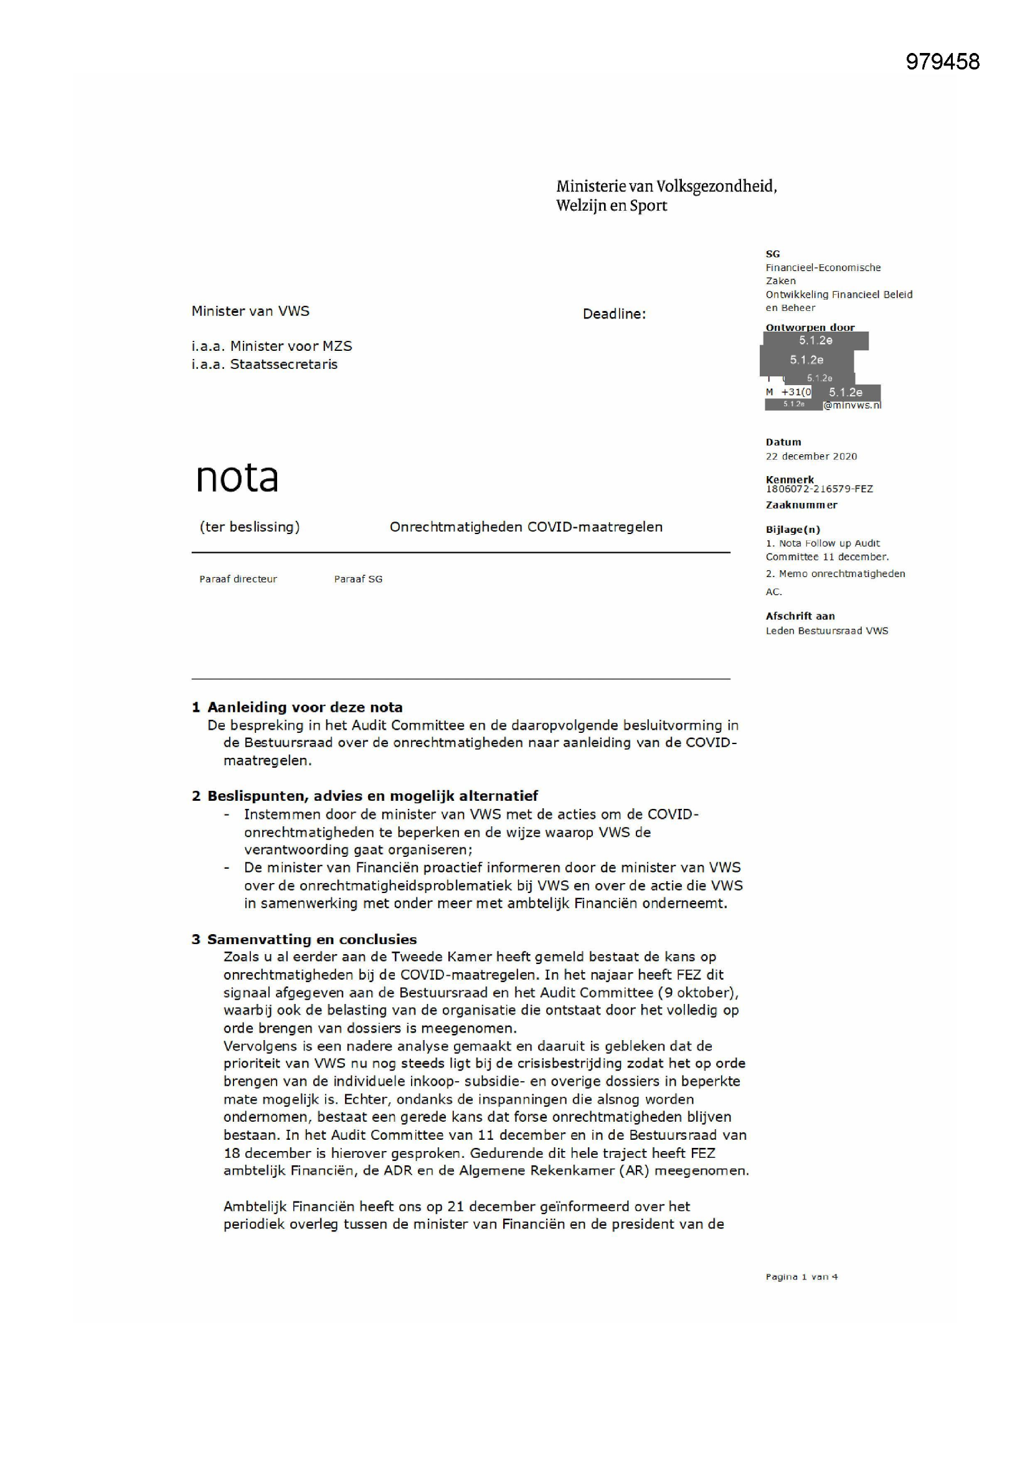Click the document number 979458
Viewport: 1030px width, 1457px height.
point(942,62)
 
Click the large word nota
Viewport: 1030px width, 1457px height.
point(237,477)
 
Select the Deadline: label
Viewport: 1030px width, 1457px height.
point(613,314)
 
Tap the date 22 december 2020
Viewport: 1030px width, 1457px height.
point(811,456)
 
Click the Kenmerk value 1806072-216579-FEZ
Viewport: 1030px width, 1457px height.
point(819,489)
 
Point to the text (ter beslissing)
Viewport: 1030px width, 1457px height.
point(249,527)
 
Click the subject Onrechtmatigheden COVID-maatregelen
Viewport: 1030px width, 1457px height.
point(526,527)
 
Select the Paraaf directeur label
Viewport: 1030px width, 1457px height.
point(238,579)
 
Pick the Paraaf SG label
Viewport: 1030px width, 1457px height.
point(357,579)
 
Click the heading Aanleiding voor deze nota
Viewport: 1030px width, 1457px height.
point(305,707)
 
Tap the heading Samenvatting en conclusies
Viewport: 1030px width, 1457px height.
point(311,939)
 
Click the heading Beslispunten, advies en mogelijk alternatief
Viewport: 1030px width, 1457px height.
point(372,796)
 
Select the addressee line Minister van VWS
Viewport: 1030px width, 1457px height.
point(250,311)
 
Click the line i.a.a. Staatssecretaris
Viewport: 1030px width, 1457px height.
point(265,364)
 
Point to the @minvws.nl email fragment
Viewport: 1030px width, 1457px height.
point(852,406)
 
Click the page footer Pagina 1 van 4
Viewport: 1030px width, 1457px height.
point(801,1277)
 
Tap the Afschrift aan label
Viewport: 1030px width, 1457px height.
point(800,616)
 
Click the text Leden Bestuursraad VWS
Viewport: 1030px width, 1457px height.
point(826,631)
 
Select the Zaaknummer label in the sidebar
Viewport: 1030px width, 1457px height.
point(801,505)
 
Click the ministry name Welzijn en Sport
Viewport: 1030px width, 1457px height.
point(611,206)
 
